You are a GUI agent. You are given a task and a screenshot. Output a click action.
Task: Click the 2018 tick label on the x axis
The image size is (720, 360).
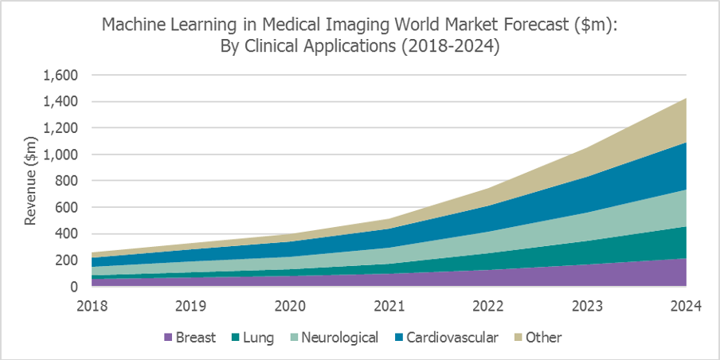pos(92,304)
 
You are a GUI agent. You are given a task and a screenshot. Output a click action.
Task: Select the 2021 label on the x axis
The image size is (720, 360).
pos(389,304)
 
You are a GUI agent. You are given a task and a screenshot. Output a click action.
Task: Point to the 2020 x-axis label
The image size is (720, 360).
pos(291,304)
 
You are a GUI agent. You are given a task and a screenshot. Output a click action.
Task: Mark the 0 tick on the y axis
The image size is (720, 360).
pos(73,287)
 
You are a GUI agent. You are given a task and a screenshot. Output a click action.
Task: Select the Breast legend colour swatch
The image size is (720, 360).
pos(168,338)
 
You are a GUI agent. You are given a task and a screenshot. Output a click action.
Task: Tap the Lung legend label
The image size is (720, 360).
pos(258,338)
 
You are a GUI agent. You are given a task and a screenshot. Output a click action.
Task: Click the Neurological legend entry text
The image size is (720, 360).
pos(343,338)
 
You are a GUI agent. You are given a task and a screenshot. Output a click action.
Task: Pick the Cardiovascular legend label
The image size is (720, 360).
pos(452,338)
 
